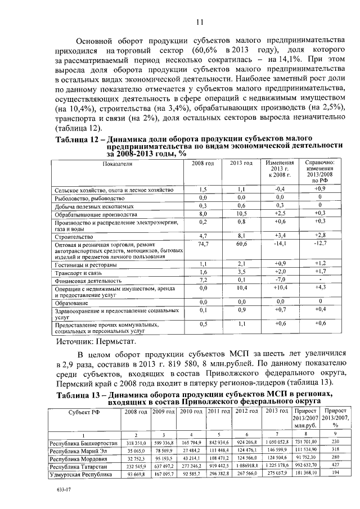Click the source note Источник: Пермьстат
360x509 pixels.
(x=96, y=341)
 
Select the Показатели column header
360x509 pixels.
(x=118, y=163)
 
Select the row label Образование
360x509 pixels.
(x=69, y=303)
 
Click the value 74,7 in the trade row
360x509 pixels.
(x=204, y=245)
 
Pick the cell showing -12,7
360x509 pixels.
(x=319, y=245)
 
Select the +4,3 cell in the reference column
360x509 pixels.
(x=319, y=287)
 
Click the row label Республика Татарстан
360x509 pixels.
(x=82, y=466)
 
